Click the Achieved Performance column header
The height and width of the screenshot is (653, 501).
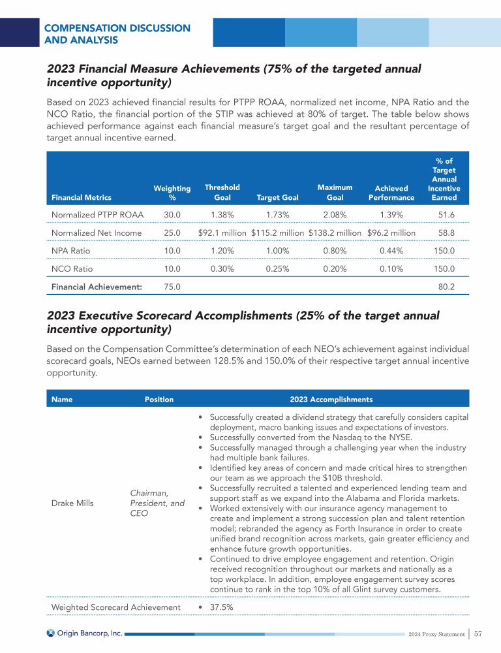391,193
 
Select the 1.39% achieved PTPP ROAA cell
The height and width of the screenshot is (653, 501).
391,214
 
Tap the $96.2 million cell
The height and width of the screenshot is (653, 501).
391,232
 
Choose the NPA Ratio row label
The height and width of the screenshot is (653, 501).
70,250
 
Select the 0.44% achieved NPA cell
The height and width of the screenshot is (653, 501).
391,250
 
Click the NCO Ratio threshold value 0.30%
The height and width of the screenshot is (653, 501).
222,268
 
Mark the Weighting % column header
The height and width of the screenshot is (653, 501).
172,193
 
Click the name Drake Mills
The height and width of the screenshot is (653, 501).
72,503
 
